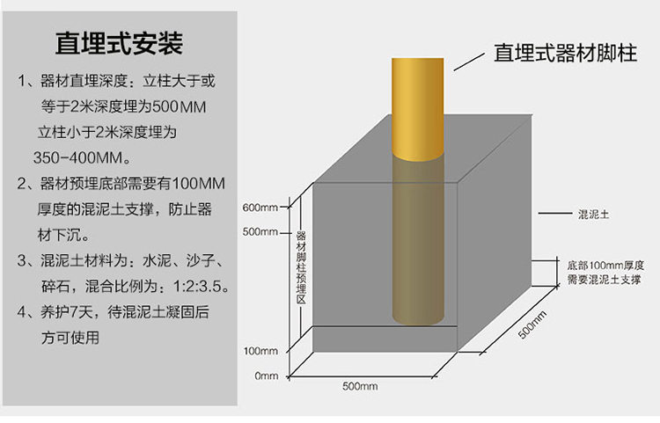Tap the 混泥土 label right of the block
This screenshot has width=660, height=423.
[x=594, y=214]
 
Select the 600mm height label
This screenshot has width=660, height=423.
[x=260, y=208]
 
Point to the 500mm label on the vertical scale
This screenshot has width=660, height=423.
[x=260, y=232]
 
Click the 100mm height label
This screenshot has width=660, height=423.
[x=260, y=351]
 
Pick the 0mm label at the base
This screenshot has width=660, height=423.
[x=266, y=376]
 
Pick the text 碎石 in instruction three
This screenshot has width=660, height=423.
[x=55, y=287]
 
